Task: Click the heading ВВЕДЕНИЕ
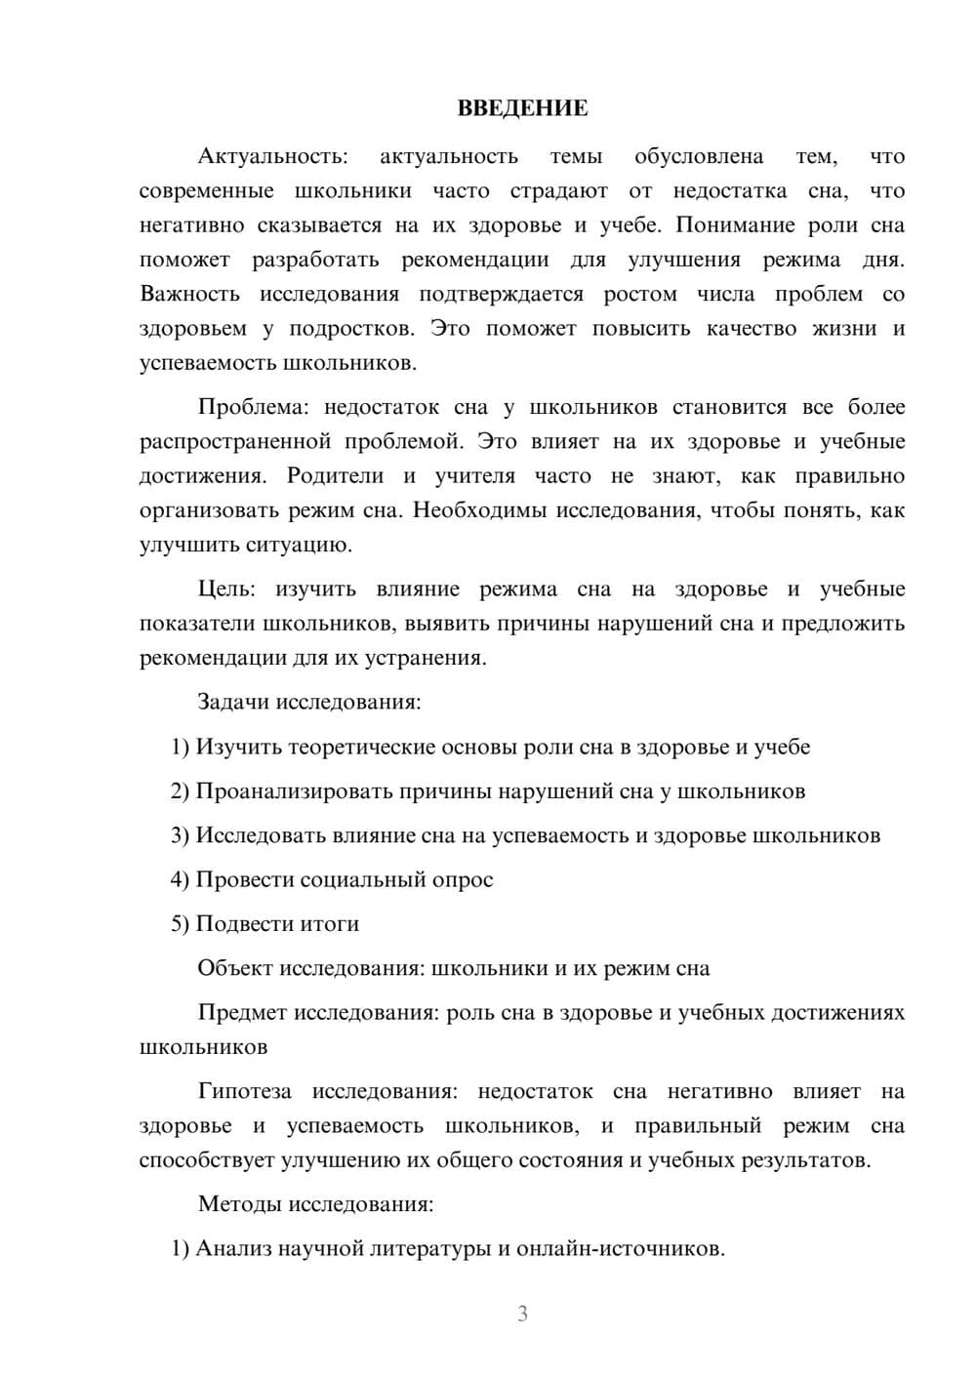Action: (x=522, y=108)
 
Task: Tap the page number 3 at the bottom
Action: (x=522, y=1314)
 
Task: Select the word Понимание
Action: (x=733, y=225)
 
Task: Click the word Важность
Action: (x=189, y=295)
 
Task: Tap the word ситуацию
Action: (x=301, y=546)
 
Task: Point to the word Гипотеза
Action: (x=244, y=1092)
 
